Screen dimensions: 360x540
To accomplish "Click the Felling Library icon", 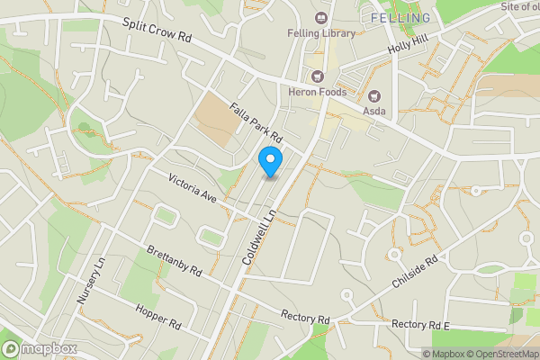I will (x=320, y=17).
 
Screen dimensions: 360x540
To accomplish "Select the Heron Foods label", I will (x=316, y=91).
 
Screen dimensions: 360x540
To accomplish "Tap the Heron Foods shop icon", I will (x=316, y=76).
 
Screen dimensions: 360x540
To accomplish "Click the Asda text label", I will (x=376, y=111).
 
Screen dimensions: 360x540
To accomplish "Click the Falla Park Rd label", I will (x=256, y=124).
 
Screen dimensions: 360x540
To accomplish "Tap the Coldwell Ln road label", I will (x=257, y=231).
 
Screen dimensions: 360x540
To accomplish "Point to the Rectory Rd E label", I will (x=420, y=324).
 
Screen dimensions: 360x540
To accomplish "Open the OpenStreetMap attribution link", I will (x=498, y=354).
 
